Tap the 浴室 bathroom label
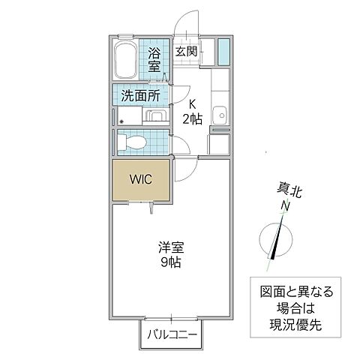tap(154, 60)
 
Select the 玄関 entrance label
tap(186, 52)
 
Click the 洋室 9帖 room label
tap(170, 254)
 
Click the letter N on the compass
tap(285, 206)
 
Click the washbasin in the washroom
tap(157, 116)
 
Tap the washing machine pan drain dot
tap(120, 118)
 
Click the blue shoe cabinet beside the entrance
tap(223, 50)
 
